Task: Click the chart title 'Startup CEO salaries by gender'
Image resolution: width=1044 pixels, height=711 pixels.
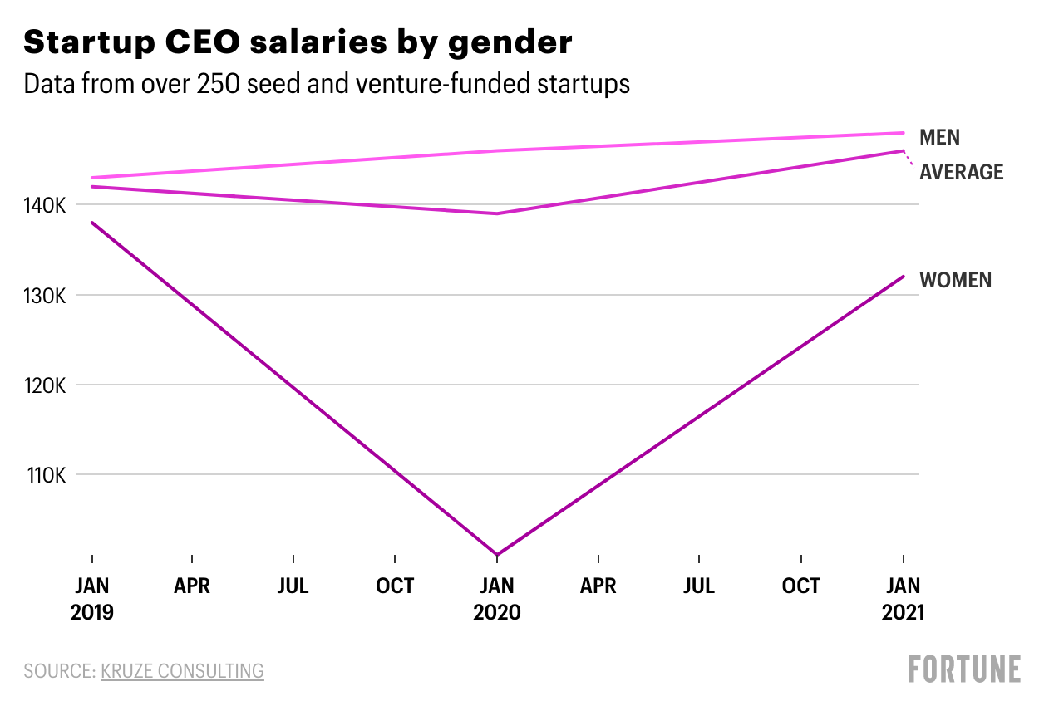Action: [298, 42]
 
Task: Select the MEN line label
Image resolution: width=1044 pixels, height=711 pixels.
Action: [939, 138]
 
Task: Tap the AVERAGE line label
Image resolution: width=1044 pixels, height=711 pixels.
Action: [962, 172]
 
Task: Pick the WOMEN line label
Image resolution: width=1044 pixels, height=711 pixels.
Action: [955, 280]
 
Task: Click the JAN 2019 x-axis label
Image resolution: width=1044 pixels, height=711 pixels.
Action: [91, 599]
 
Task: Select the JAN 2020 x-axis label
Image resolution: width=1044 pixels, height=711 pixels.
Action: [497, 599]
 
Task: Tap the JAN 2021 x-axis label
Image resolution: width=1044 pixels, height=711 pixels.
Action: [903, 599]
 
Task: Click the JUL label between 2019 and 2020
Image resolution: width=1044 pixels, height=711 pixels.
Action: [293, 586]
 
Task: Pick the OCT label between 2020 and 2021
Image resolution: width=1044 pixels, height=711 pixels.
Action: [801, 586]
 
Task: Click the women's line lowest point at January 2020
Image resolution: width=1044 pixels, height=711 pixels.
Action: [497, 554]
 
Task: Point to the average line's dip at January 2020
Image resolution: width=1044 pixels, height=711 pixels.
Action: [497, 213]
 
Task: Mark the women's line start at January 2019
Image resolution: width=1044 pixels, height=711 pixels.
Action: [91, 223]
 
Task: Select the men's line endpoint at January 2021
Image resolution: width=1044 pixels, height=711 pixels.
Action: [903, 133]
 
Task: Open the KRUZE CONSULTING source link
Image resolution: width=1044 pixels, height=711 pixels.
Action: [182, 670]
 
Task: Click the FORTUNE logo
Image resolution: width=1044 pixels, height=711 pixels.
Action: [964, 669]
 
